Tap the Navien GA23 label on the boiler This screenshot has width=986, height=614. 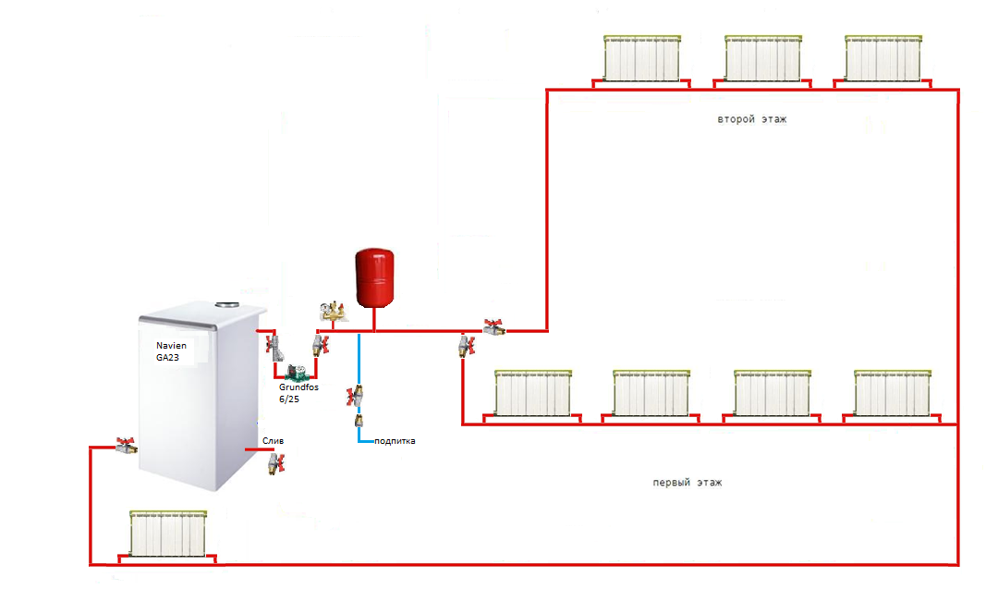click(x=171, y=350)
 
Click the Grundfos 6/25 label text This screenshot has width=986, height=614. click(x=298, y=393)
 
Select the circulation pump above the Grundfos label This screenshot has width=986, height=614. click(x=297, y=373)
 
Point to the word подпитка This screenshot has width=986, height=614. click(x=395, y=441)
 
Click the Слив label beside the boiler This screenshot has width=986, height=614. click(x=272, y=441)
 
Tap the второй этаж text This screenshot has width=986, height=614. click(x=751, y=120)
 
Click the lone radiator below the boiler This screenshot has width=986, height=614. click(x=166, y=534)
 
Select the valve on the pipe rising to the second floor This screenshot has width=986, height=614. click(x=493, y=326)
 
